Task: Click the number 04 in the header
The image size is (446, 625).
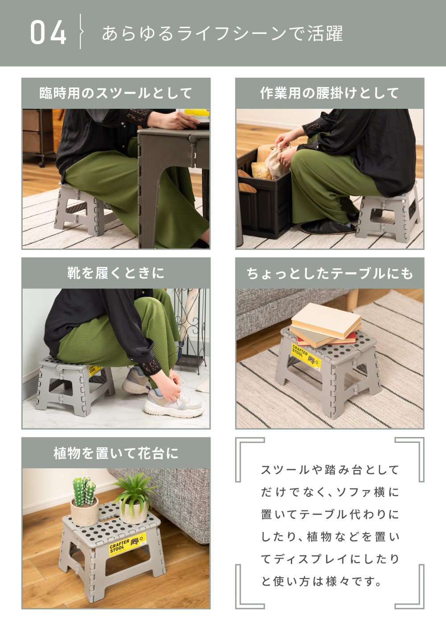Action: [x=48, y=33]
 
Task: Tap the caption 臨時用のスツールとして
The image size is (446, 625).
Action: [x=116, y=93]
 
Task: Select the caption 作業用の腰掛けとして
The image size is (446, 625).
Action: [x=330, y=93]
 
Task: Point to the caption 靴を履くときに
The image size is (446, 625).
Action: [x=116, y=273]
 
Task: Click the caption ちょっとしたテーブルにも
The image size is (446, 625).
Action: [x=330, y=273]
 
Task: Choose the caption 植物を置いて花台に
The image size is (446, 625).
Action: [x=116, y=453]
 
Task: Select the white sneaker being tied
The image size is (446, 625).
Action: [x=174, y=400]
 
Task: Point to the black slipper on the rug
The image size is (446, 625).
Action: [x=328, y=227]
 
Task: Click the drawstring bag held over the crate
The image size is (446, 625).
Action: [x=277, y=161]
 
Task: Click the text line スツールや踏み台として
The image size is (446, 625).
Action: [x=330, y=470]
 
